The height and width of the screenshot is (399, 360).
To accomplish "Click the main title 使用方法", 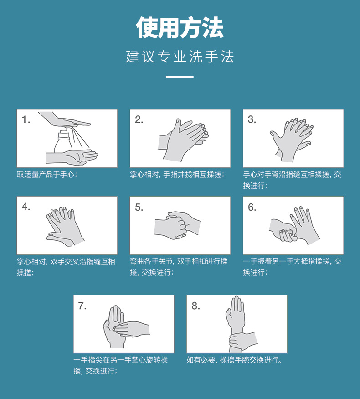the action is [180, 27].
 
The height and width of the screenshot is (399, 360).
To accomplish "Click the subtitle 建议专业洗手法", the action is [180, 57].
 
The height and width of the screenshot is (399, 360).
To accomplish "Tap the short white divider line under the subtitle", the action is [180, 77].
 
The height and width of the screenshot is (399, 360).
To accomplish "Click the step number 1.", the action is [26, 119].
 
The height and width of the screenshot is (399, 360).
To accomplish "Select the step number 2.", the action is [139, 119].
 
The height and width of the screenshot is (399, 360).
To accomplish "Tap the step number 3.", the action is [252, 119].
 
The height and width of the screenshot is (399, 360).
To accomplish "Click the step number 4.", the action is [26, 207].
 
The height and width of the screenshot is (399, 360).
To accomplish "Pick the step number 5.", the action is [139, 207].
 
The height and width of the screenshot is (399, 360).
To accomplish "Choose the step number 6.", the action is [252, 207].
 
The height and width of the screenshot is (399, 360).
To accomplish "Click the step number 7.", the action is [82, 306].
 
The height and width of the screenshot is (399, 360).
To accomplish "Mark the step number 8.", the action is [195, 306].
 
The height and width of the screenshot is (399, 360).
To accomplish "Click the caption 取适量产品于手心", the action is [47, 175].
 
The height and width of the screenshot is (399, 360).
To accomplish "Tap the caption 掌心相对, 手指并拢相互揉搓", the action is [177, 175].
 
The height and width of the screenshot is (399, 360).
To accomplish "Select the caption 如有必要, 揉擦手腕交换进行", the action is [234, 360].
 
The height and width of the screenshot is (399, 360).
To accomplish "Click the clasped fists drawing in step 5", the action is [177, 225].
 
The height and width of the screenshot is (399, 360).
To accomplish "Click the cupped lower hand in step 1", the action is [72, 157].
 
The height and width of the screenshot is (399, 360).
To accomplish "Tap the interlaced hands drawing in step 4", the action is [65, 227].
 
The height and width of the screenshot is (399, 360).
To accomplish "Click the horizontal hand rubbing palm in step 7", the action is [131, 329].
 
